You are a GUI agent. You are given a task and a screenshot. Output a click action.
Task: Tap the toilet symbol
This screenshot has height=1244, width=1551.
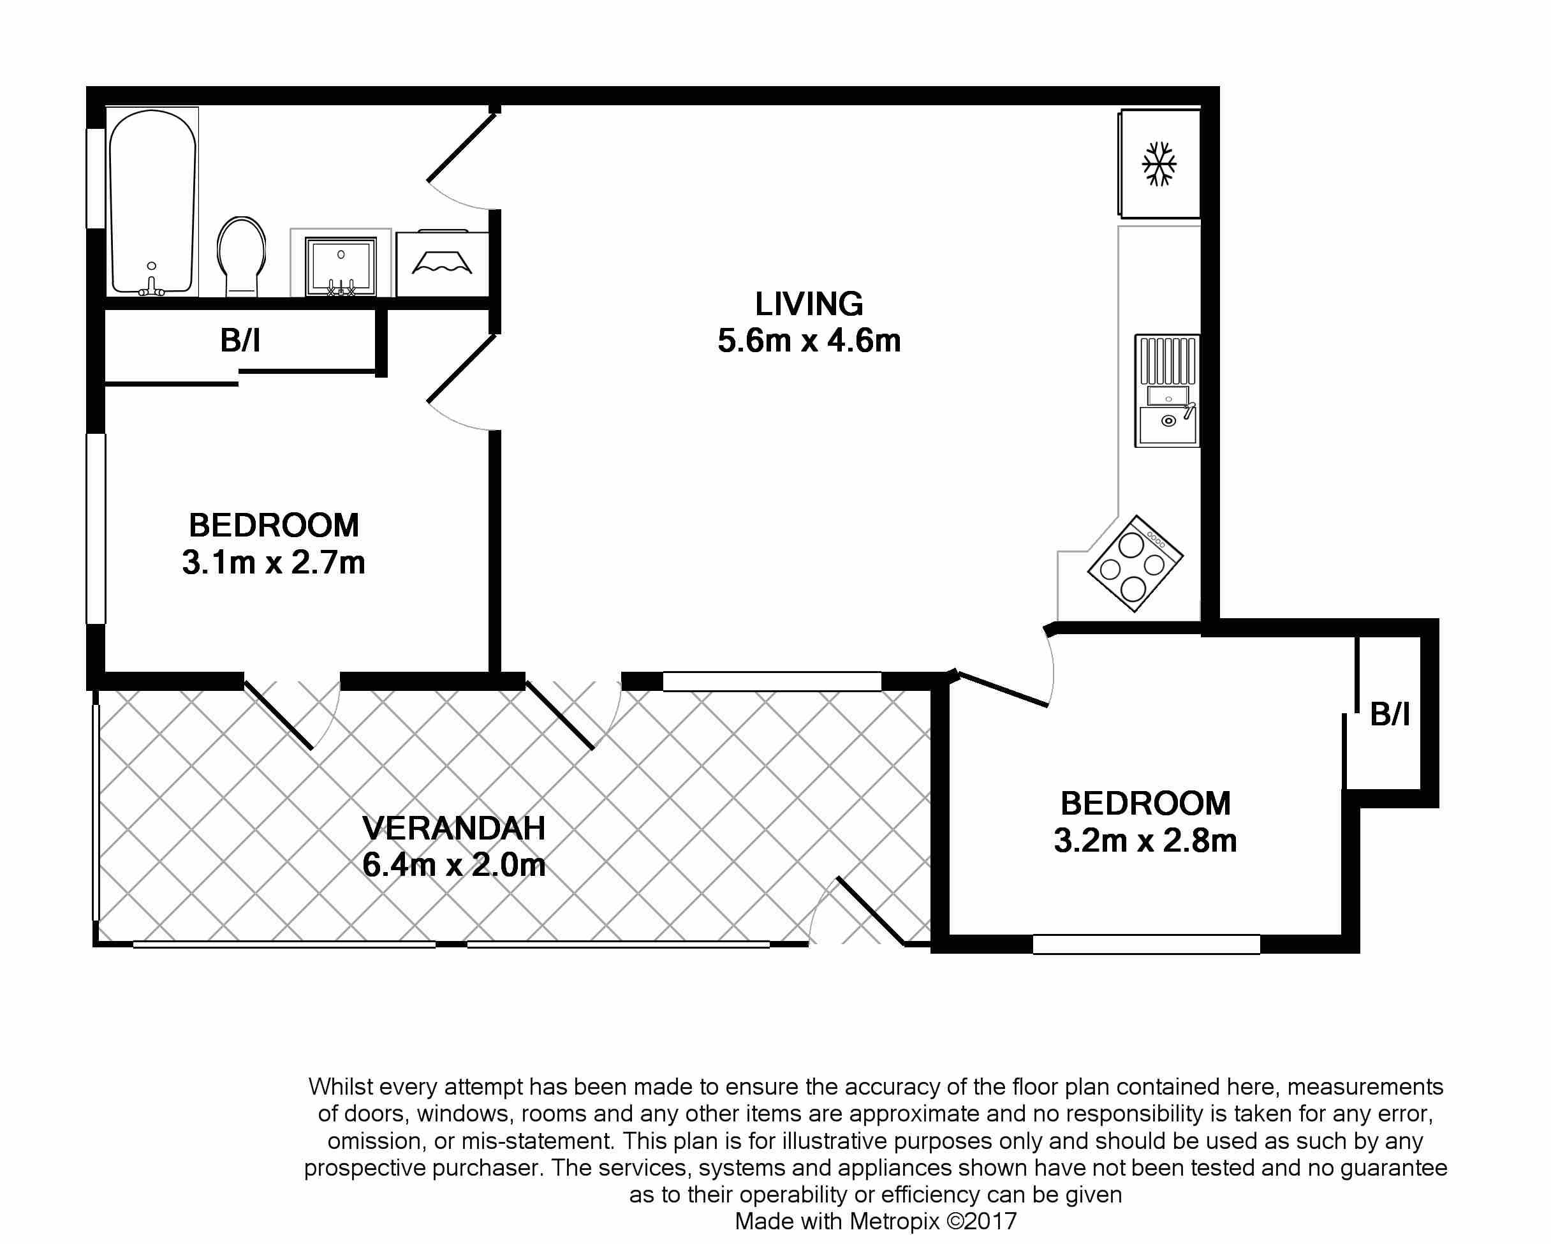click(x=242, y=256)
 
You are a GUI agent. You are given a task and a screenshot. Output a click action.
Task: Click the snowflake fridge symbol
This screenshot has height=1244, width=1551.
click(x=1159, y=164)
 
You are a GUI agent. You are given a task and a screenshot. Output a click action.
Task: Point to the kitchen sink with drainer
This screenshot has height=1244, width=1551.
click(x=1167, y=390)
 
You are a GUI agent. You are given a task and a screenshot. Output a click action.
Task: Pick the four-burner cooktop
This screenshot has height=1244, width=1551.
click(x=1135, y=563)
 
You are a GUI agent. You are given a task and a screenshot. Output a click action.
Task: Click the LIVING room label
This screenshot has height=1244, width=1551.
click(x=809, y=304)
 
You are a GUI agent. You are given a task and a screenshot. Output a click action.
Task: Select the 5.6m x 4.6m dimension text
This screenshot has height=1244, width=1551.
click(x=809, y=340)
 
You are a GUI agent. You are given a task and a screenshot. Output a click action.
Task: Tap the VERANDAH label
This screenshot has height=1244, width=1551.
click(x=454, y=828)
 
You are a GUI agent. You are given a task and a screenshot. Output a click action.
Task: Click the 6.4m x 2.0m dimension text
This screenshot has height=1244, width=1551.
click(x=454, y=865)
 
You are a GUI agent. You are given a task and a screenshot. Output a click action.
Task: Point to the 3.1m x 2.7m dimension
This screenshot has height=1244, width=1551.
click(x=274, y=562)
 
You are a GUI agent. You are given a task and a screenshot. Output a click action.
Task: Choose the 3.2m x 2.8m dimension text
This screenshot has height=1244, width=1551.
click(x=1145, y=840)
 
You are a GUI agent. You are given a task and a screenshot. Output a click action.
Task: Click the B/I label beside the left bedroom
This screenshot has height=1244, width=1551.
click(x=240, y=340)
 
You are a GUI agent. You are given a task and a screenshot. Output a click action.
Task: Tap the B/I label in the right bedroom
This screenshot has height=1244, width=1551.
click(x=1390, y=715)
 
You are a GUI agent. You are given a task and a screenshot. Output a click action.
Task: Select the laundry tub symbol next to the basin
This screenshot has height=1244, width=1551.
click(x=442, y=263)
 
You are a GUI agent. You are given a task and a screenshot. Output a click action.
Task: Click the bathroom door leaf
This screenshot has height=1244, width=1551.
click(x=462, y=147)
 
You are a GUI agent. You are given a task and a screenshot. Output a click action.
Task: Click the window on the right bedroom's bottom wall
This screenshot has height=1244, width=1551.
click(x=1146, y=944)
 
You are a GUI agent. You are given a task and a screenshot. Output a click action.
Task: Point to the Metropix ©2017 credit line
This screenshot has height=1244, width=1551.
click(x=876, y=1221)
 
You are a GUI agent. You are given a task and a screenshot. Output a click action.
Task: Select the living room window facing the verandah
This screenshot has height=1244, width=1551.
click(x=772, y=681)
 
